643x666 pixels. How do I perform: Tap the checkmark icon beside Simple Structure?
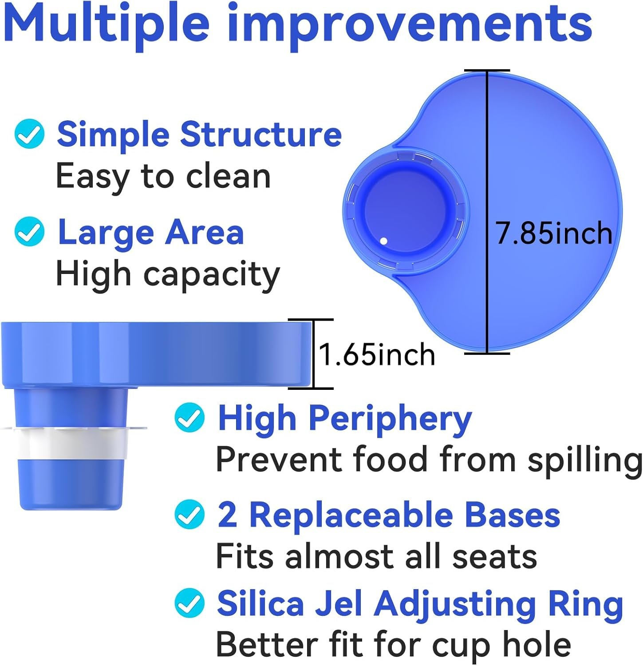click(x=29, y=134)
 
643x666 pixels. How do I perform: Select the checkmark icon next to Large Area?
click(x=29, y=231)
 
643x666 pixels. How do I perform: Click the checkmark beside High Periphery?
click(x=189, y=417)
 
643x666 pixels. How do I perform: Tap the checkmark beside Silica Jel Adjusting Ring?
click(x=189, y=603)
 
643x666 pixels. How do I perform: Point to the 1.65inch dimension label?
click(x=377, y=355)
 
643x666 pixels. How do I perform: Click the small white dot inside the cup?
click(x=384, y=241)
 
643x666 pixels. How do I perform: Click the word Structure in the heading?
click(x=261, y=134)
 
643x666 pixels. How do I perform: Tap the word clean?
click(x=228, y=177)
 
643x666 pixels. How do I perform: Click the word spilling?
click(x=584, y=460)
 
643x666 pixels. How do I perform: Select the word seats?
click(x=494, y=557)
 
